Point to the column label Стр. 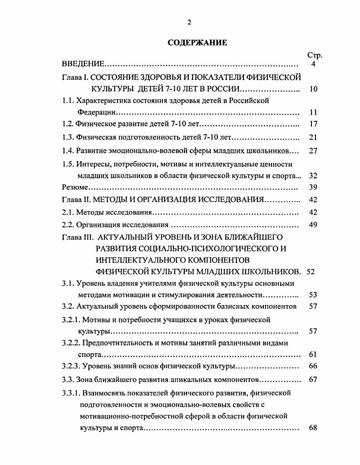tap(315, 55)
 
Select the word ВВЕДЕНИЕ tap(83, 64)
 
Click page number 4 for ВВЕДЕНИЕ tap(313, 64)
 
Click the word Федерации tap(96, 112)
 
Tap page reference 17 tap(313, 124)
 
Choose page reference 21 tap(313, 138)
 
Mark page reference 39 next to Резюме tap(313, 187)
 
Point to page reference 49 tap(313, 224)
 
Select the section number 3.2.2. tap(71, 343)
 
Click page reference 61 tap(313, 354)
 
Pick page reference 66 tap(313, 366)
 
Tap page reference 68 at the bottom tap(313, 428)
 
